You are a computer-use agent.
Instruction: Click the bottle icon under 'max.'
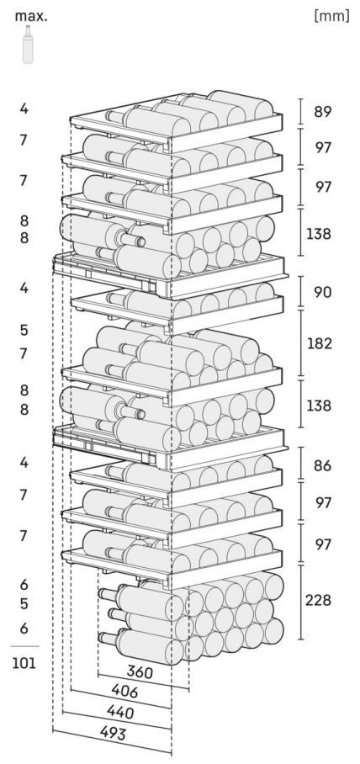point(29,45)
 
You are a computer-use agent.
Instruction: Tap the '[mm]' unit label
point(332,16)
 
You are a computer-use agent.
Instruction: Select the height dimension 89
point(322,112)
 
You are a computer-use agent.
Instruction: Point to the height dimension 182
point(319,343)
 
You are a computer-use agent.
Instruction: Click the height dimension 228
point(319,600)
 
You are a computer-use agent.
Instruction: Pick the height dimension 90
point(322,292)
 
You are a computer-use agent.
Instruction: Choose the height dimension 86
point(322,466)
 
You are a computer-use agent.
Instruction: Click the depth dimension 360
point(140,672)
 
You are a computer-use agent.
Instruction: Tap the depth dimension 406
point(124,692)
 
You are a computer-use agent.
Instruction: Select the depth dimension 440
point(120,713)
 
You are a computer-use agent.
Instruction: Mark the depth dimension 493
point(113,734)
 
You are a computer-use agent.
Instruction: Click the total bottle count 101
point(24,663)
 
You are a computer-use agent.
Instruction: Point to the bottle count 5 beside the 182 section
point(24,330)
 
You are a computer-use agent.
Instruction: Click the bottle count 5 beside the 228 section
point(24,603)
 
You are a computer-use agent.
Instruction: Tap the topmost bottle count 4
point(24,109)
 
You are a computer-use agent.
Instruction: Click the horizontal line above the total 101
point(24,646)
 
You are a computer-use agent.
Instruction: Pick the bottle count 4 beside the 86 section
point(24,463)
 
